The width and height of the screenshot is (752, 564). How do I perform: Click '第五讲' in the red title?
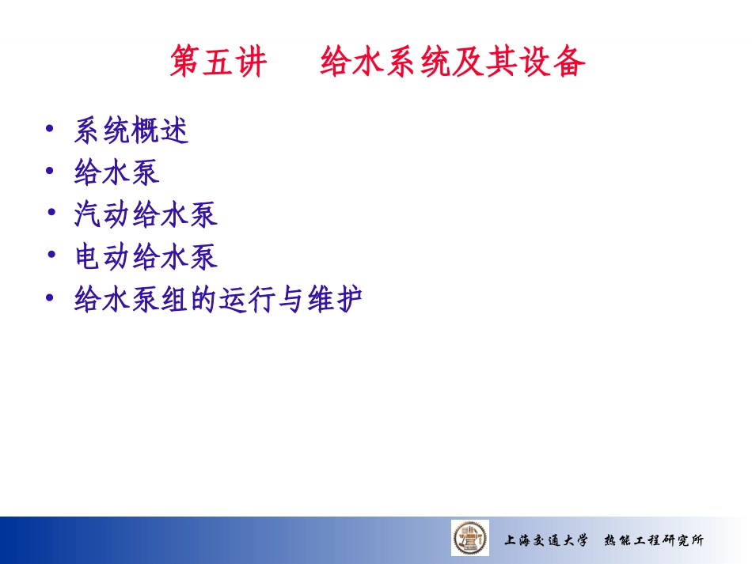(x=218, y=62)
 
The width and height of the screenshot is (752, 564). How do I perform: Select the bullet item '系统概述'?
(x=131, y=131)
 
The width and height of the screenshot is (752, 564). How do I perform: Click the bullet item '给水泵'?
(x=117, y=172)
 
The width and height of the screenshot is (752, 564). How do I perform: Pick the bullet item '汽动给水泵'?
(x=146, y=214)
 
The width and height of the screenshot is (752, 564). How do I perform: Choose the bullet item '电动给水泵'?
(x=146, y=257)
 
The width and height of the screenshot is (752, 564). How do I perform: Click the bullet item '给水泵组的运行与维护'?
(x=218, y=300)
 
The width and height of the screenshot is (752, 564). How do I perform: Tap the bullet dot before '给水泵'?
(x=51, y=169)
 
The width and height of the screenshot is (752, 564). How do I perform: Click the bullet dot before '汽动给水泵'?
(x=51, y=211)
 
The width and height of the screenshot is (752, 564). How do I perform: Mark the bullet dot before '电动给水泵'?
(x=51, y=254)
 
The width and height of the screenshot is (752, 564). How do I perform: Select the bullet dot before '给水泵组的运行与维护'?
(x=51, y=297)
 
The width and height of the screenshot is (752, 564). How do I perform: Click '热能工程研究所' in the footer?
(x=653, y=541)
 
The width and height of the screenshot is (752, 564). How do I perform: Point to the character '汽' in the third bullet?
(x=88, y=214)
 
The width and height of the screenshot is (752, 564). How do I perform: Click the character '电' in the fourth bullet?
(x=88, y=257)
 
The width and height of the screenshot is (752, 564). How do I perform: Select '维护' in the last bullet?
(x=334, y=300)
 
